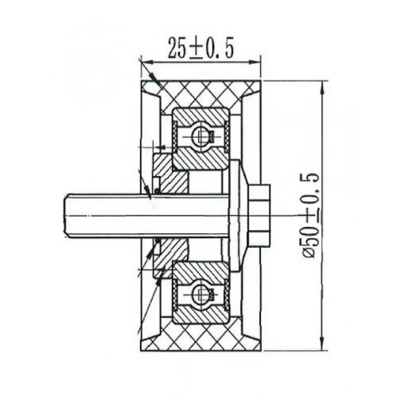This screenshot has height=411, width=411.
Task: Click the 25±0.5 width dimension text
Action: pyautogui.click(x=200, y=48)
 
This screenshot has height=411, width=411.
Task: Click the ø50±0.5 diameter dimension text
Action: pyautogui.click(x=311, y=215)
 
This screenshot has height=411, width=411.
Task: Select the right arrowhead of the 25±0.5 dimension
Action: pyautogui.click(x=255, y=62)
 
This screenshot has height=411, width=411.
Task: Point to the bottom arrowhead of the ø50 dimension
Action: pyautogui.click(x=323, y=344)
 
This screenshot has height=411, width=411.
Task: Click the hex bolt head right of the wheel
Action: pyautogui.click(x=260, y=216)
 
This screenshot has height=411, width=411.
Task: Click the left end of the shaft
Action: pyautogui.click(x=65, y=215)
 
